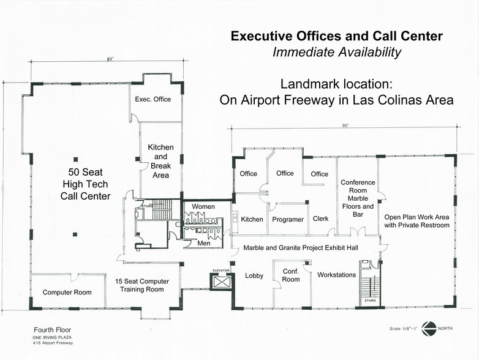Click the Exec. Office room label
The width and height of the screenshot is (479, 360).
153,99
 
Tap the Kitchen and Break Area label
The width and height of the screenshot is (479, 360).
160,162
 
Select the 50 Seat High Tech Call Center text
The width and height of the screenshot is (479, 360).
85,182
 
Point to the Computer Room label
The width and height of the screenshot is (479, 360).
67,292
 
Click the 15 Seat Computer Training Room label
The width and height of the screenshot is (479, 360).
142,285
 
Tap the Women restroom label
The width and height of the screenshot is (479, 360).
203,207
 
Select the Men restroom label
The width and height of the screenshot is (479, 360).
204,243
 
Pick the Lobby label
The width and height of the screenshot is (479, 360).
254,276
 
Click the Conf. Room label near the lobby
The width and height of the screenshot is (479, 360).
291,275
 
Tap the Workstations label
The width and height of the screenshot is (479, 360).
336,275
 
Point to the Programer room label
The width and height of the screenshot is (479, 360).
288,219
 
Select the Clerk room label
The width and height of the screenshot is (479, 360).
321,219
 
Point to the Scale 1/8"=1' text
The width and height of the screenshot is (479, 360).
402,329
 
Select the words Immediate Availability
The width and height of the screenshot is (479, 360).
337,52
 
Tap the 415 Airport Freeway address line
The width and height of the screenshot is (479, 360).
54,343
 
